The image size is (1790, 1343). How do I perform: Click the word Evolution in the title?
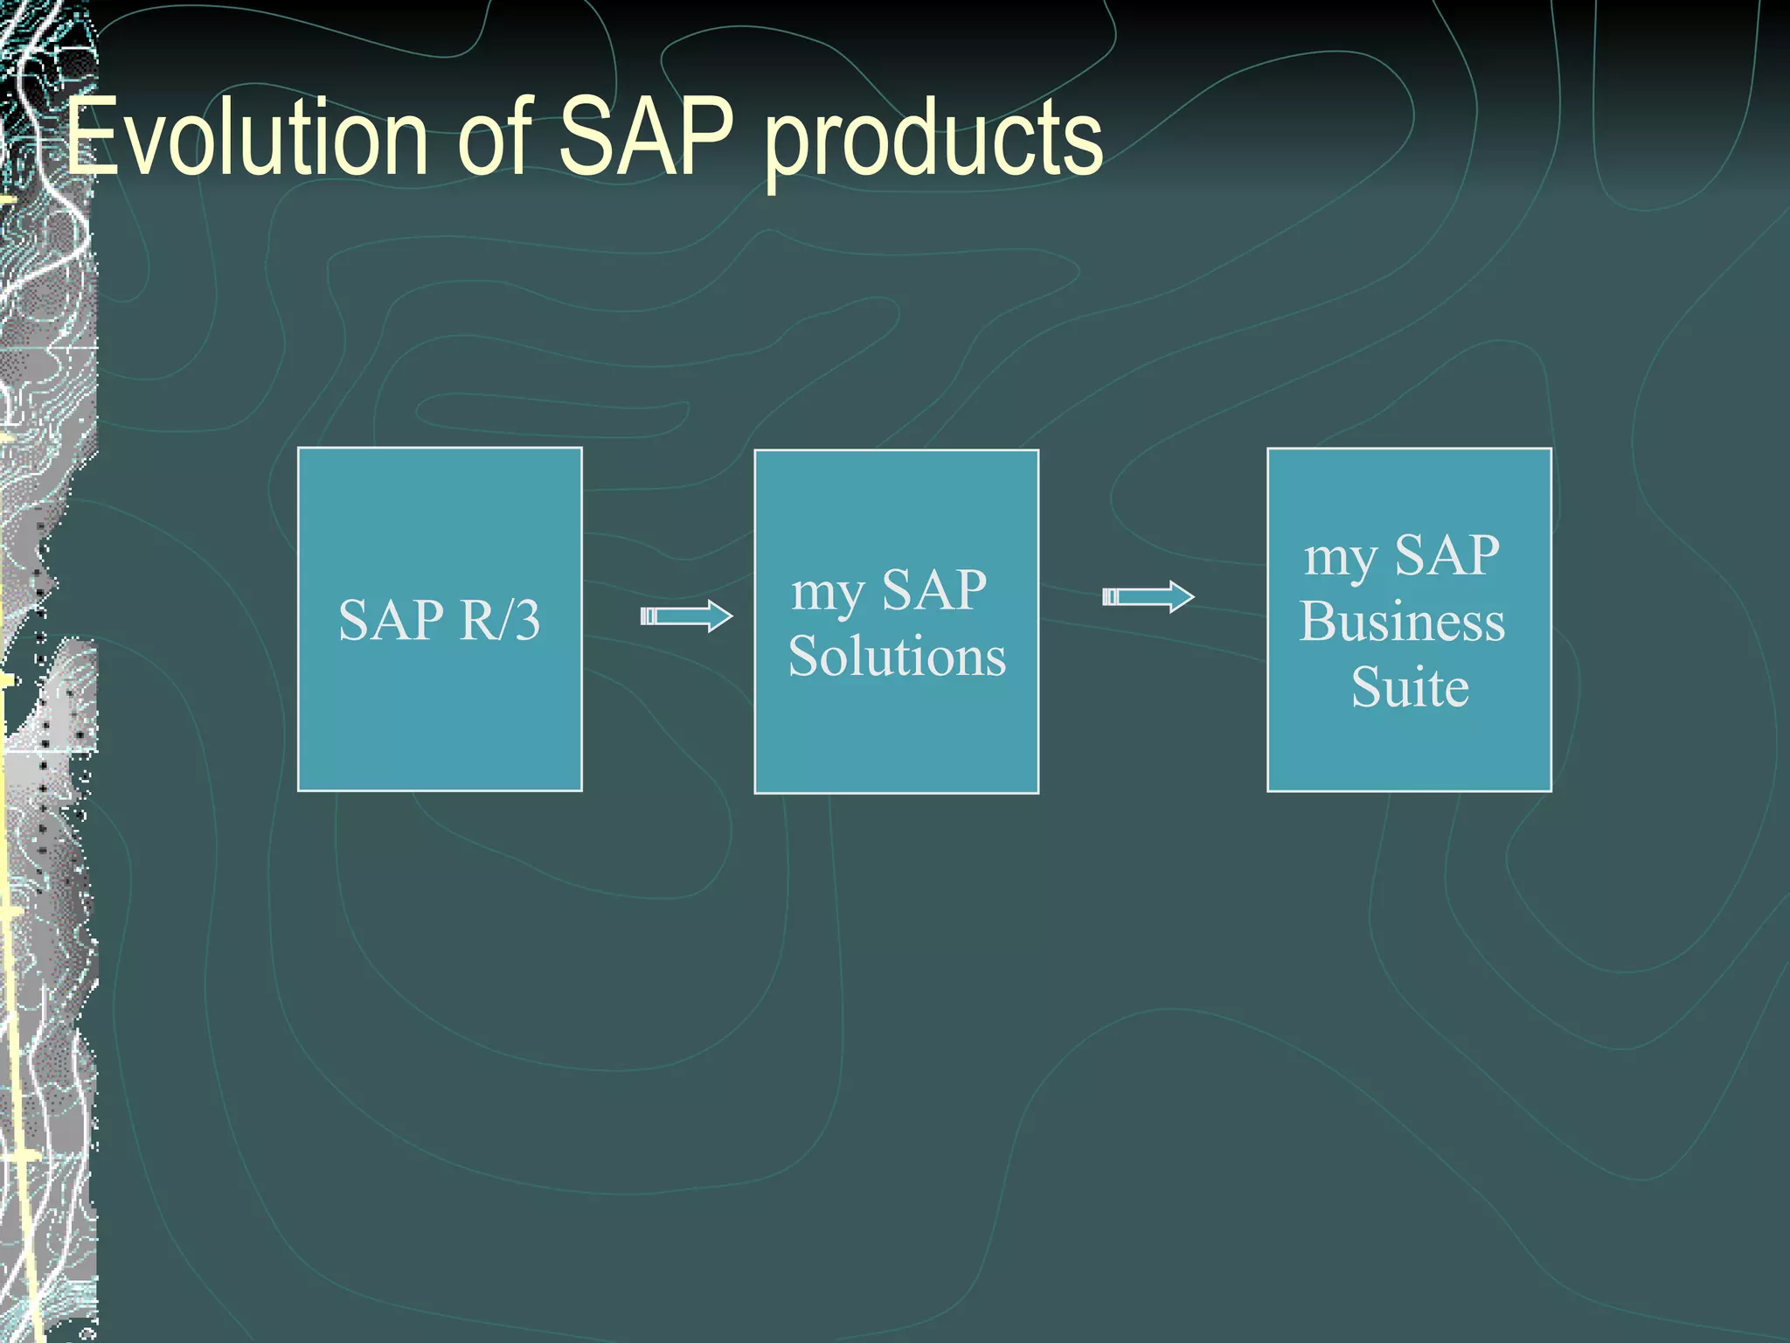[246, 138]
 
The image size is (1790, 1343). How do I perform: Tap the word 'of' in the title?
[495, 136]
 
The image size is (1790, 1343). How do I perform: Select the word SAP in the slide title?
[645, 136]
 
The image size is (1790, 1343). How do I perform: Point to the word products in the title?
[933, 140]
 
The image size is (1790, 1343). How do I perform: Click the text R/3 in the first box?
[500, 620]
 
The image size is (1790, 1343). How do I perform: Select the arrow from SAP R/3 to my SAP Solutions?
[686, 616]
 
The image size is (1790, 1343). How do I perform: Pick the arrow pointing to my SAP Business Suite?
[1148, 597]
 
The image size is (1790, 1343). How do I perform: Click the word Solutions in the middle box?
[897, 656]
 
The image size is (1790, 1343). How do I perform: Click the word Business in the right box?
[1402, 622]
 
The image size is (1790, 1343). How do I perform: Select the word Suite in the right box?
[1409, 687]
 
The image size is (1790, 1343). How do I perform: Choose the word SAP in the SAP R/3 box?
[391, 620]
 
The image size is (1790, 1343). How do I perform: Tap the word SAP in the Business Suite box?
[1447, 555]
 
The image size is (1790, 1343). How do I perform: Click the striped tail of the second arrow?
[1110, 597]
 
